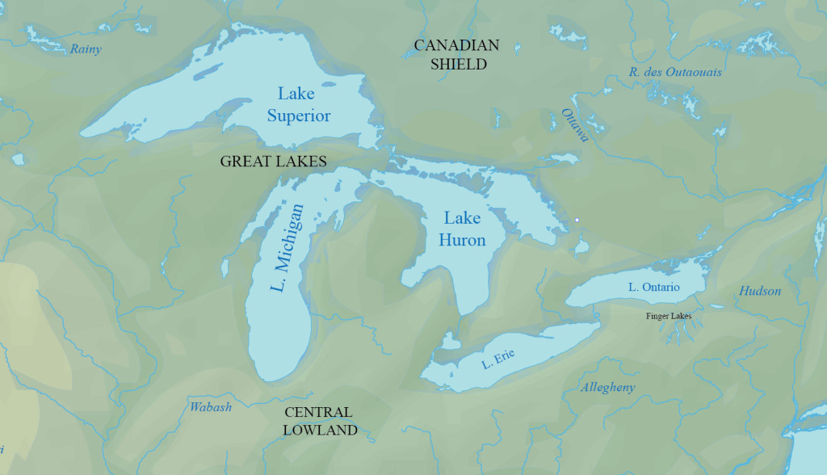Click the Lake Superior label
298,104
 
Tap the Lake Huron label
462,229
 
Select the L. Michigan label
288,247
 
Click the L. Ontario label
654,287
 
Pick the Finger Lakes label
669,316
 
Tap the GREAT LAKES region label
273,162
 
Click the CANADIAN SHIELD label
456,54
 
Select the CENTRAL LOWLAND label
320,421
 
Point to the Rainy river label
86,49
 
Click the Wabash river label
211,406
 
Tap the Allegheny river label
608,388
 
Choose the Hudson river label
760,291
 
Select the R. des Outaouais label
675,73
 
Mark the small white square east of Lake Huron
577,220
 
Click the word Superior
299,116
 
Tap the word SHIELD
458,64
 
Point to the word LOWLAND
320,431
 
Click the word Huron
462,240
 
